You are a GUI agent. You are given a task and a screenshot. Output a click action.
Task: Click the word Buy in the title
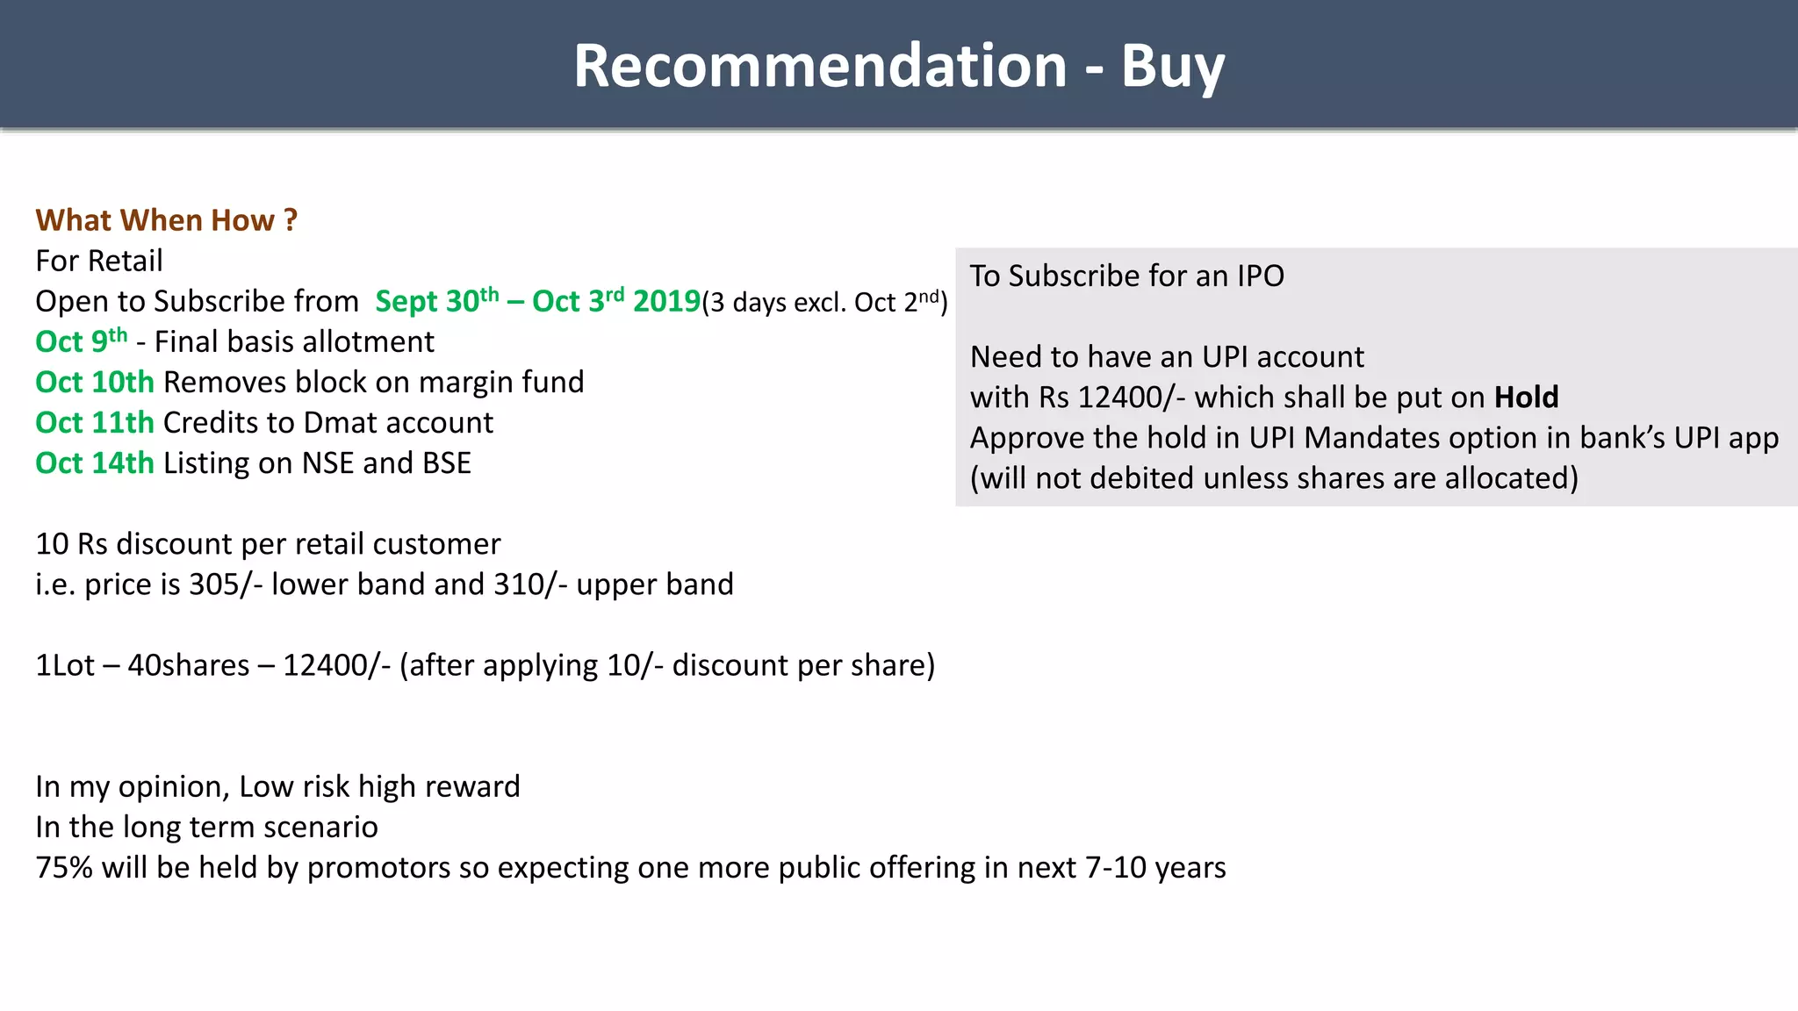pos(1172,67)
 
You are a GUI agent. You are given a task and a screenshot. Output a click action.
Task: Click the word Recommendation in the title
pos(820,67)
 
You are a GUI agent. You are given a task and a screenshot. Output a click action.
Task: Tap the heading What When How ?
pos(167,220)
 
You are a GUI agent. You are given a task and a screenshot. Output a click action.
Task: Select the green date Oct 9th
pos(81,341)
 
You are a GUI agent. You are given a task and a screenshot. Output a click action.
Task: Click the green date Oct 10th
pos(95,382)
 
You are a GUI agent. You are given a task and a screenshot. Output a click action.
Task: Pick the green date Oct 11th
pos(95,422)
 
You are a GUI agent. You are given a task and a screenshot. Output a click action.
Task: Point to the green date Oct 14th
pos(95,462)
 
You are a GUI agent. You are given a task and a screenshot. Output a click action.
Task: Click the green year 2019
pos(666,301)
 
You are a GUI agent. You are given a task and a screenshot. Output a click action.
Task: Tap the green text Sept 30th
pos(436,301)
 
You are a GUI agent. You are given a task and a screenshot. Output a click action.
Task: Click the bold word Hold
pos(1526,397)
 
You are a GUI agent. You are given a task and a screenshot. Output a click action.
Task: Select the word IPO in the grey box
pos(1260,276)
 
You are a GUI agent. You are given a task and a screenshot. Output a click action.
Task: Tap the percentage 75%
pos(64,867)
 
